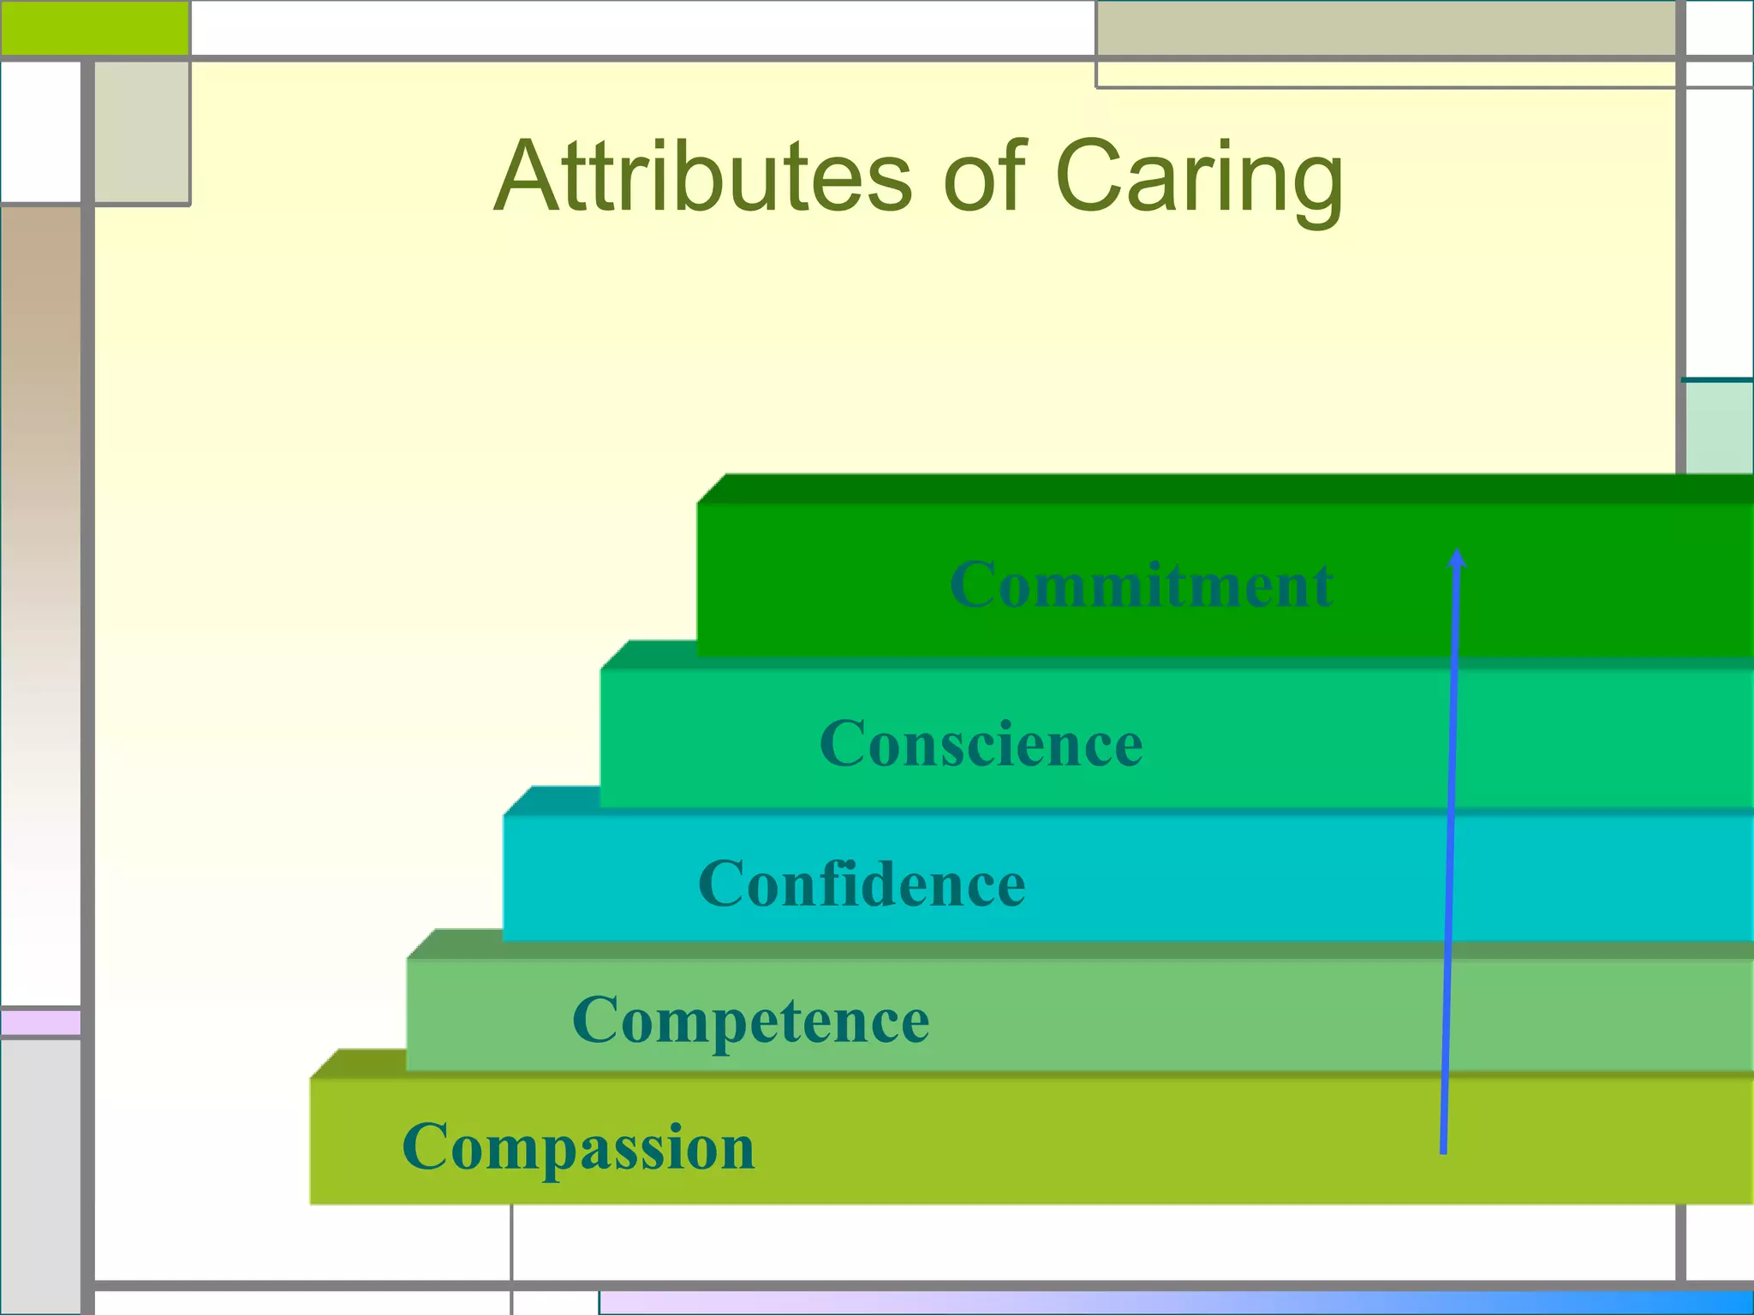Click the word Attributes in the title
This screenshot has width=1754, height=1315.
click(702, 177)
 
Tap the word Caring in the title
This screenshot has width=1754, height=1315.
click(1199, 177)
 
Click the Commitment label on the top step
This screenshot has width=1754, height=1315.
click(1141, 586)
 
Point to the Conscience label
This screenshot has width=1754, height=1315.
click(981, 744)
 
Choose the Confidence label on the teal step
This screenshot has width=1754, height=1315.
click(862, 884)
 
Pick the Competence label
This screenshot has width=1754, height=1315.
click(750, 1020)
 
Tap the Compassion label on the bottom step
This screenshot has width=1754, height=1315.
click(578, 1147)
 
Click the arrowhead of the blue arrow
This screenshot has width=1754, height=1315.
click(1457, 558)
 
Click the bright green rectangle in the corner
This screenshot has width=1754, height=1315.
click(94, 27)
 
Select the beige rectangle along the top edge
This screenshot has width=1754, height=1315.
click(1385, 29)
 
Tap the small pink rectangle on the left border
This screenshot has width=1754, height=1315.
click(40, 1022)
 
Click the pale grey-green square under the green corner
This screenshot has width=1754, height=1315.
click(141, 132)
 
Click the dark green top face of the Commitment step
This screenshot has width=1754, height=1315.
click(1225, 489)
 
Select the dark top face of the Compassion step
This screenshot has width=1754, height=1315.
click(358, 1063)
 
